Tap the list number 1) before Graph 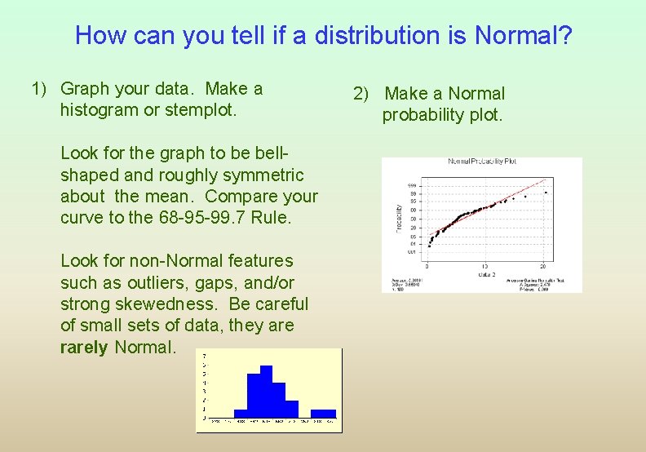click(42, 88)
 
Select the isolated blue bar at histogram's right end click(323, 414)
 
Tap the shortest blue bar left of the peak click(240, 414)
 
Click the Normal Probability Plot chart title click(482, 162)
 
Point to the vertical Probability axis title click(399, 217)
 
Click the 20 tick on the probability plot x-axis click(545, 266)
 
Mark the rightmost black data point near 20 click(546, 193)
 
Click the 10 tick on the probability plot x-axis click(487, 266)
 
